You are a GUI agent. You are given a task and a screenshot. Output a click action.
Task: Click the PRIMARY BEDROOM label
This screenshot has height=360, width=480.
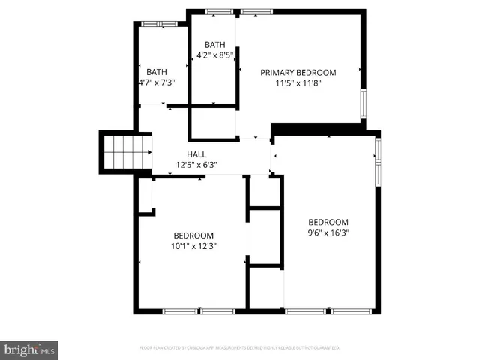[x=298, y=73]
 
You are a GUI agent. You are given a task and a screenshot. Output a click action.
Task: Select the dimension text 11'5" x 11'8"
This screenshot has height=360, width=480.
[x=298, y=84]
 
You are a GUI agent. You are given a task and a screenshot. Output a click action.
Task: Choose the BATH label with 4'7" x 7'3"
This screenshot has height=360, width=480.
[x=157, y=72]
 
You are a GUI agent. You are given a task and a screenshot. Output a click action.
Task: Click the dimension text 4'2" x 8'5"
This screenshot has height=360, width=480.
[x=215, y=55]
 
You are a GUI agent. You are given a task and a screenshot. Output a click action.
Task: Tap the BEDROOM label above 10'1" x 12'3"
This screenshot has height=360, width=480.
[x=193, y=234]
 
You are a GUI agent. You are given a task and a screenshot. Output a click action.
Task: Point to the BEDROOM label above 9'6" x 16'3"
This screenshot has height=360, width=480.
[x=328, y=222]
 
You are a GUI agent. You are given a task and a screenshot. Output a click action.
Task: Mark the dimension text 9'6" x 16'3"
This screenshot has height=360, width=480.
[x=328, y=232]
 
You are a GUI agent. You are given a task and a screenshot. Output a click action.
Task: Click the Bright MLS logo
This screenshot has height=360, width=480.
[x=30, y=349]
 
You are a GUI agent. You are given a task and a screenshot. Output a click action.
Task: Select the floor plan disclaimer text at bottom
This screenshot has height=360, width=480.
[x=240, y=347]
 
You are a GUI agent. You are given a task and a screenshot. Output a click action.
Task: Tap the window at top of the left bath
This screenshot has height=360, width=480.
[x=157, y=24]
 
